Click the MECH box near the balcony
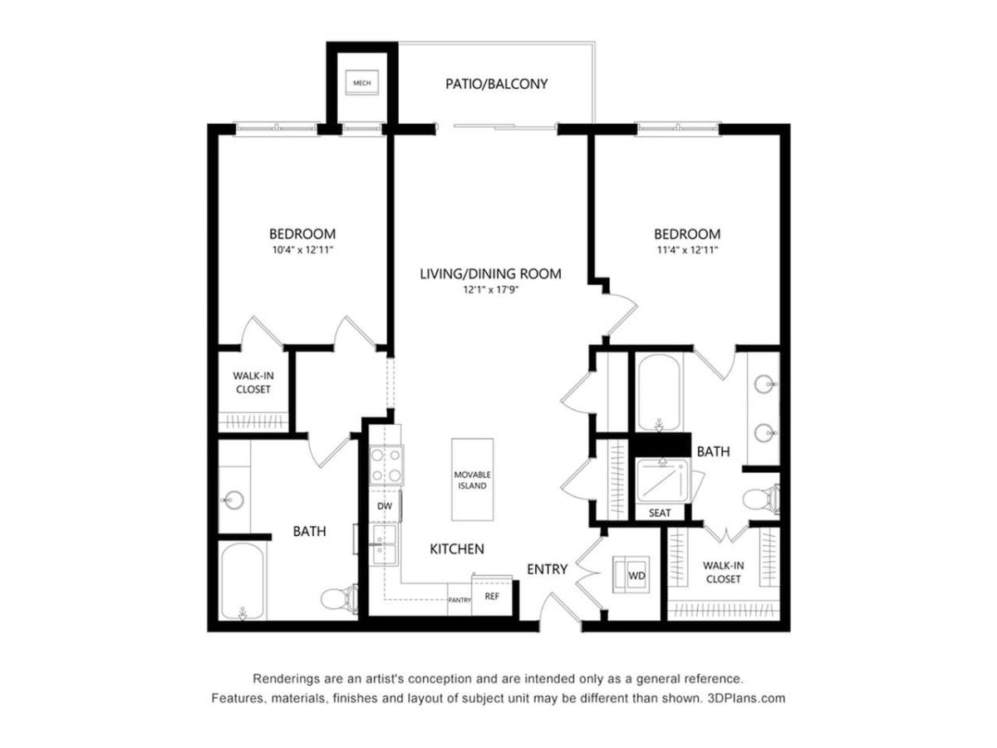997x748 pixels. [x=361, y=83]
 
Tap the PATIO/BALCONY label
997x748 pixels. [x=497, y=84]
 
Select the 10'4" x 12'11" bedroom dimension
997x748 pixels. [x=302, y=249]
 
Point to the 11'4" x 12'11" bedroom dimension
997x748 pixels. [x=686, y=249]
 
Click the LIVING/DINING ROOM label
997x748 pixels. [x=490, y=273]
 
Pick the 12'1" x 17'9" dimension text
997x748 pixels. [x=490, y=290]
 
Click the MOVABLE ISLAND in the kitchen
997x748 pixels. [x=471, y=480]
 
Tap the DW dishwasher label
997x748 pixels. [x=385, y=505]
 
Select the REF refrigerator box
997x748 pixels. [x=491, y=596]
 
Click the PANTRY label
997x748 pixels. [x=459, y=599]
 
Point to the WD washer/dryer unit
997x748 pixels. [x=636, y=574]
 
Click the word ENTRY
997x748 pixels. [x=547, y=569]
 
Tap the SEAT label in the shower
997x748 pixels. [x=660, y=513]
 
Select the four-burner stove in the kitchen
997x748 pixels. [x=386, y=465]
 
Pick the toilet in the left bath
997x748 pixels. [x=341, y=598]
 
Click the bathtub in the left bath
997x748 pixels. [x=243, y=582]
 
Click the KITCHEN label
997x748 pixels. [x=456, y=549]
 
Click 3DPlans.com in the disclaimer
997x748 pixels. [x=745, y=698]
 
